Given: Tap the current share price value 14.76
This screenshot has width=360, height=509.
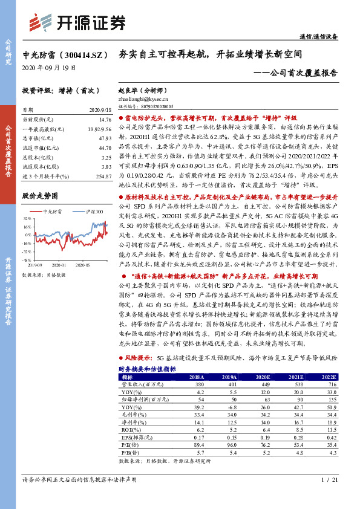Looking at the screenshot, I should point(104,120).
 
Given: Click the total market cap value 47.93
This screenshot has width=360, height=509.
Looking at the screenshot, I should point(104,138).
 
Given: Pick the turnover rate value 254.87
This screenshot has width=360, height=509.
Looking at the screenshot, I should point(102,175).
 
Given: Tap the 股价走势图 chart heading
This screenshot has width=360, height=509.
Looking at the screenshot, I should point(40,196).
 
